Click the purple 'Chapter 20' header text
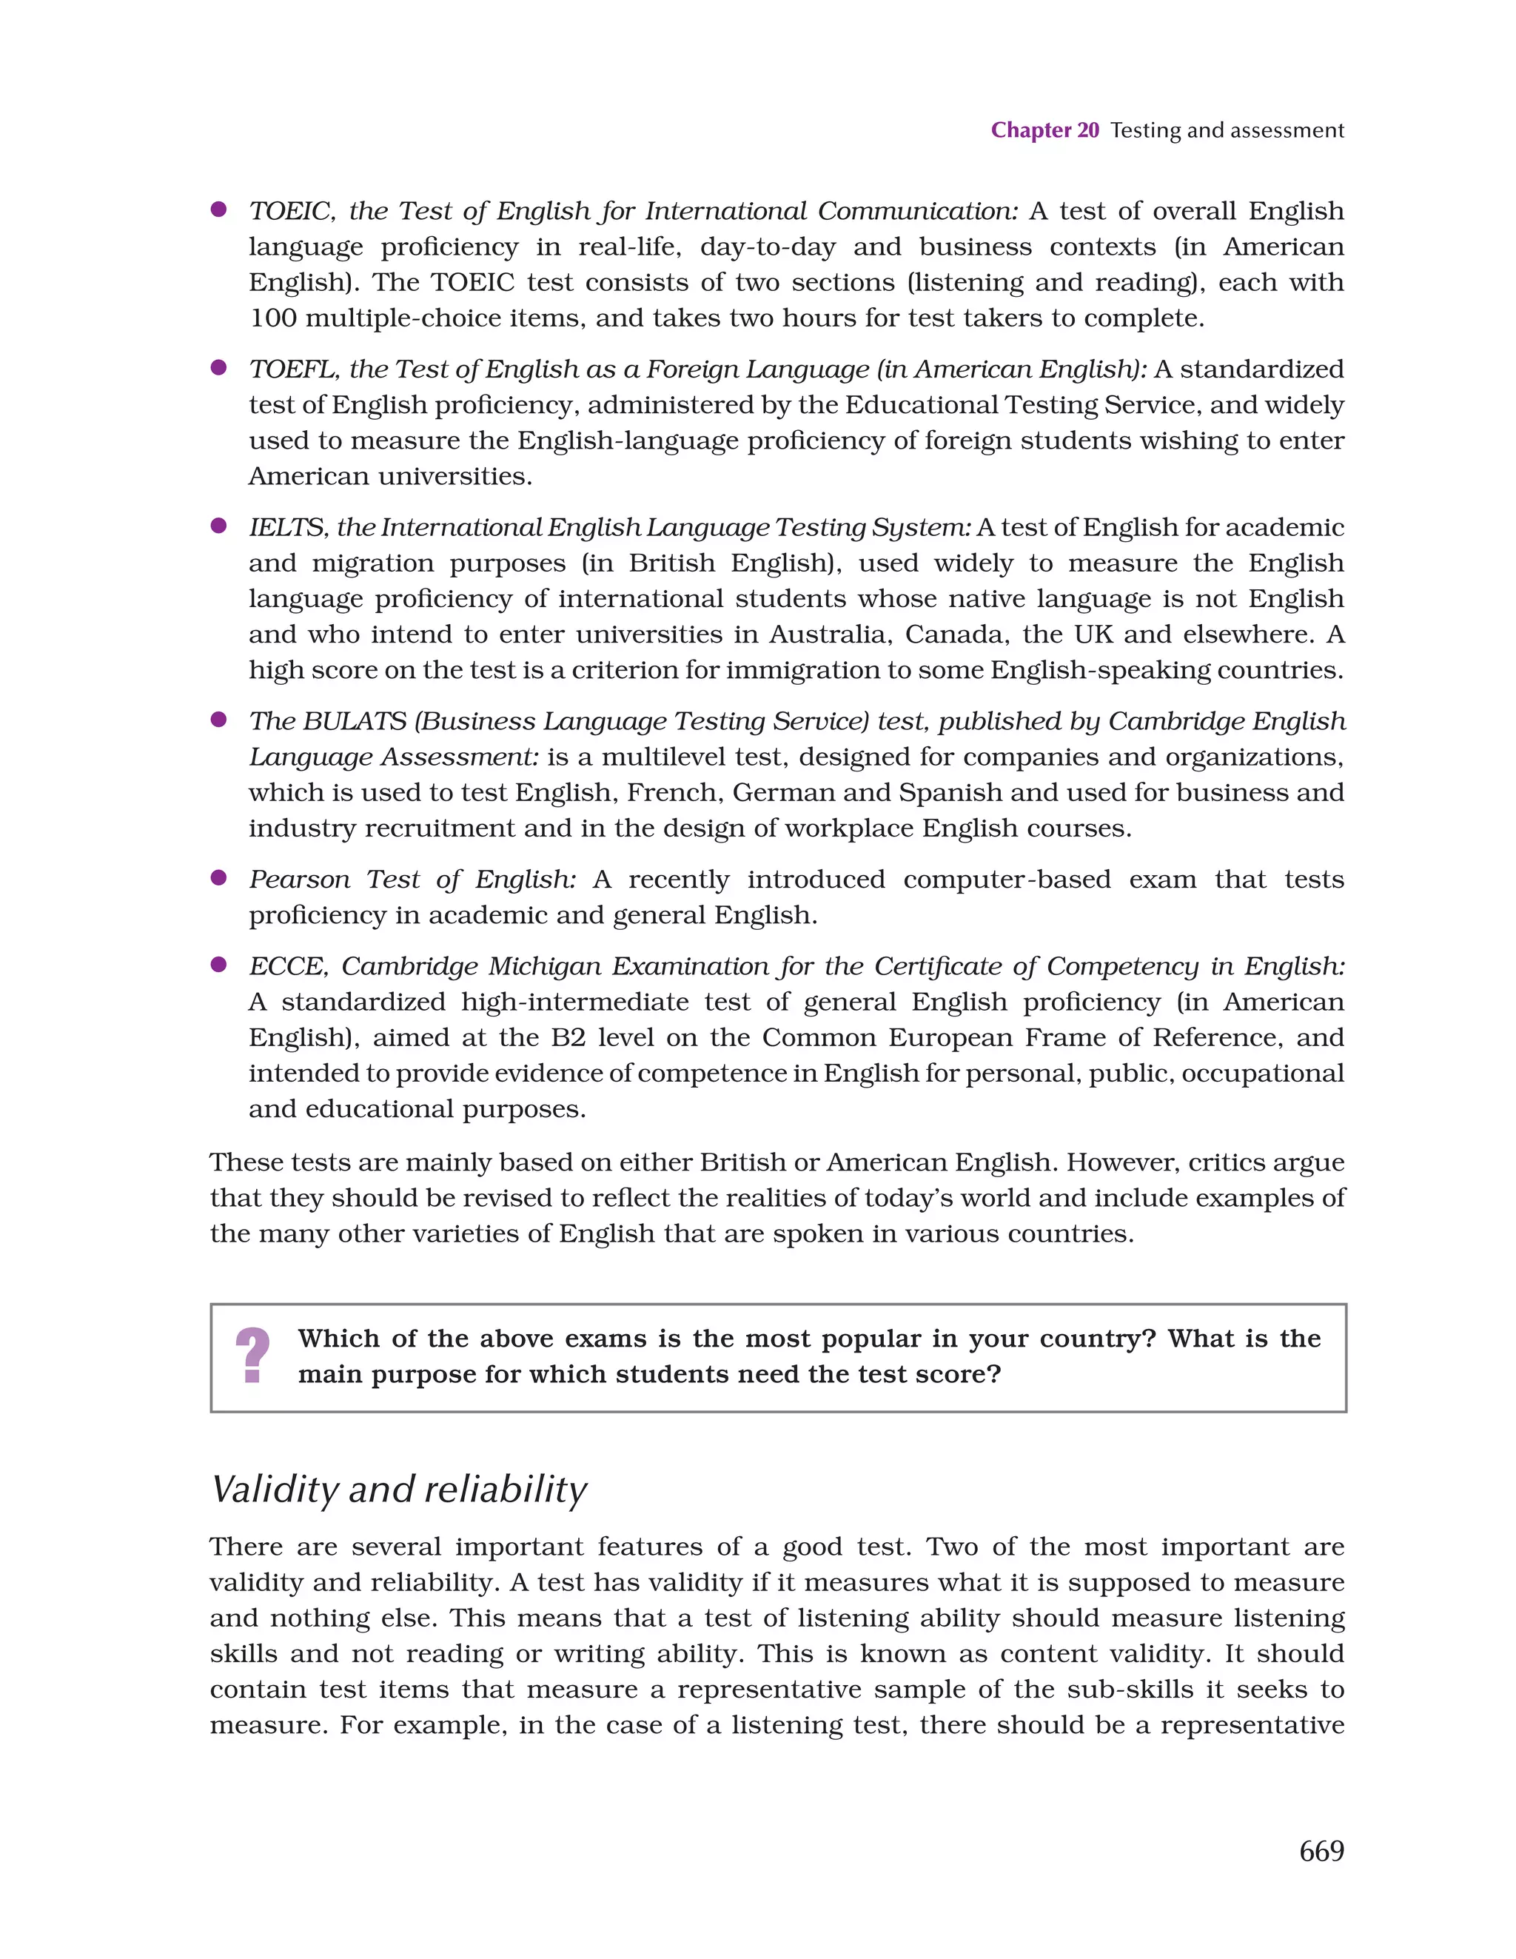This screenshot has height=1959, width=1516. (1044, 130)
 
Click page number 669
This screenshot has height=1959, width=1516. (1321, 1850)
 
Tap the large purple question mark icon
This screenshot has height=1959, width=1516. (253, 1356)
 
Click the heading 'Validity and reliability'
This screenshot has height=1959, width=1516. (398, 1489)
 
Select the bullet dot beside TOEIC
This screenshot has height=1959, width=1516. (218, 209)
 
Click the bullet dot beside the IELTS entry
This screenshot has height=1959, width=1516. (218, 526)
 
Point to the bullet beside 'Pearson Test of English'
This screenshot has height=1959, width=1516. (218, 877)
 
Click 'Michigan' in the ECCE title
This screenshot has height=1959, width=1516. (546, 966)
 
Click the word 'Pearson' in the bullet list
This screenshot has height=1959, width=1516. (300, 879)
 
